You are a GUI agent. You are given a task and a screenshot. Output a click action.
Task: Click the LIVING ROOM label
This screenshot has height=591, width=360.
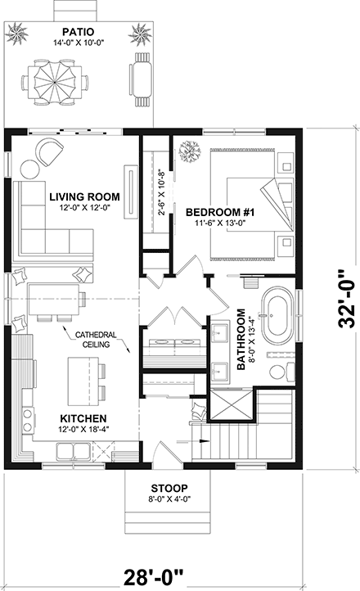pos(84,197)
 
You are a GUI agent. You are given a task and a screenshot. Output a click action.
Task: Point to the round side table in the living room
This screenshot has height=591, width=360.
pos(29,169)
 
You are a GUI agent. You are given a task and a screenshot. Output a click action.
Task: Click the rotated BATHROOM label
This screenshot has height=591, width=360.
pos(242,340)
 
